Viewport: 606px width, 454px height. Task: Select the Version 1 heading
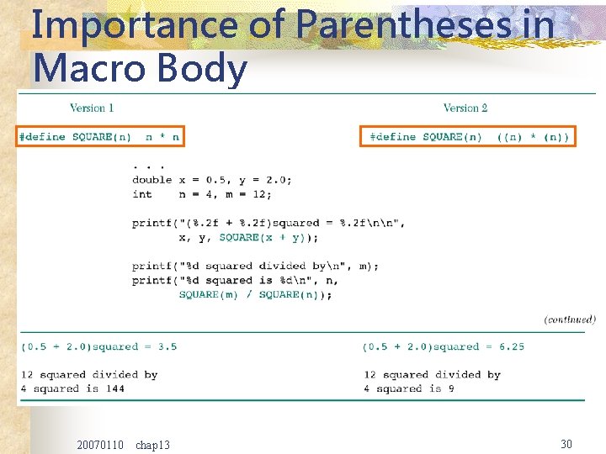[92, 108]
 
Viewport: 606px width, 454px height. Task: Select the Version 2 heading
[465, 108]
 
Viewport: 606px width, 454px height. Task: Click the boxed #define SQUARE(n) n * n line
[99, 136]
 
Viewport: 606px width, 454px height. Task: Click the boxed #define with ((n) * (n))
[469, 136]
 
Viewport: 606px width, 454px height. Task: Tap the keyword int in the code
[142, 193]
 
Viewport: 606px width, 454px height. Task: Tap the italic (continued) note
[570, 319]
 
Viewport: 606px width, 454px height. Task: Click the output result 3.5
[167, 346]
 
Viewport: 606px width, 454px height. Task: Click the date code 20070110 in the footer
[99, 444]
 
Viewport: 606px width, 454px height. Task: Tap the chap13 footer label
[152, 444]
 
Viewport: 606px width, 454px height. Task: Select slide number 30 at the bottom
[566, 443]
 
